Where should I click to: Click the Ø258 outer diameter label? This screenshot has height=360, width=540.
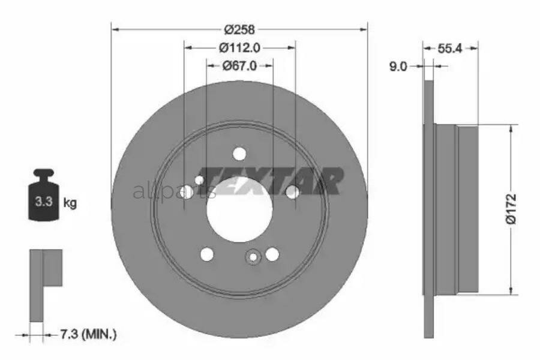[239, 29]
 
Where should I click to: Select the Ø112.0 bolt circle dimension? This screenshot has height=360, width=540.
[239, 47]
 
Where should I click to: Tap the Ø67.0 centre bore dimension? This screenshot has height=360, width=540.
[239, 65]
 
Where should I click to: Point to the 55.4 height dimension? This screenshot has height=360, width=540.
[449, 49]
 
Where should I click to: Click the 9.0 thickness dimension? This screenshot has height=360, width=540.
[398, 66]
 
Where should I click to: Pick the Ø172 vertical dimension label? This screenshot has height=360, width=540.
[511, 209]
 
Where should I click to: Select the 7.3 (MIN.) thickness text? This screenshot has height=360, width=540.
[89, 334]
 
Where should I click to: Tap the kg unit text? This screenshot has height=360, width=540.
[70, 203]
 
